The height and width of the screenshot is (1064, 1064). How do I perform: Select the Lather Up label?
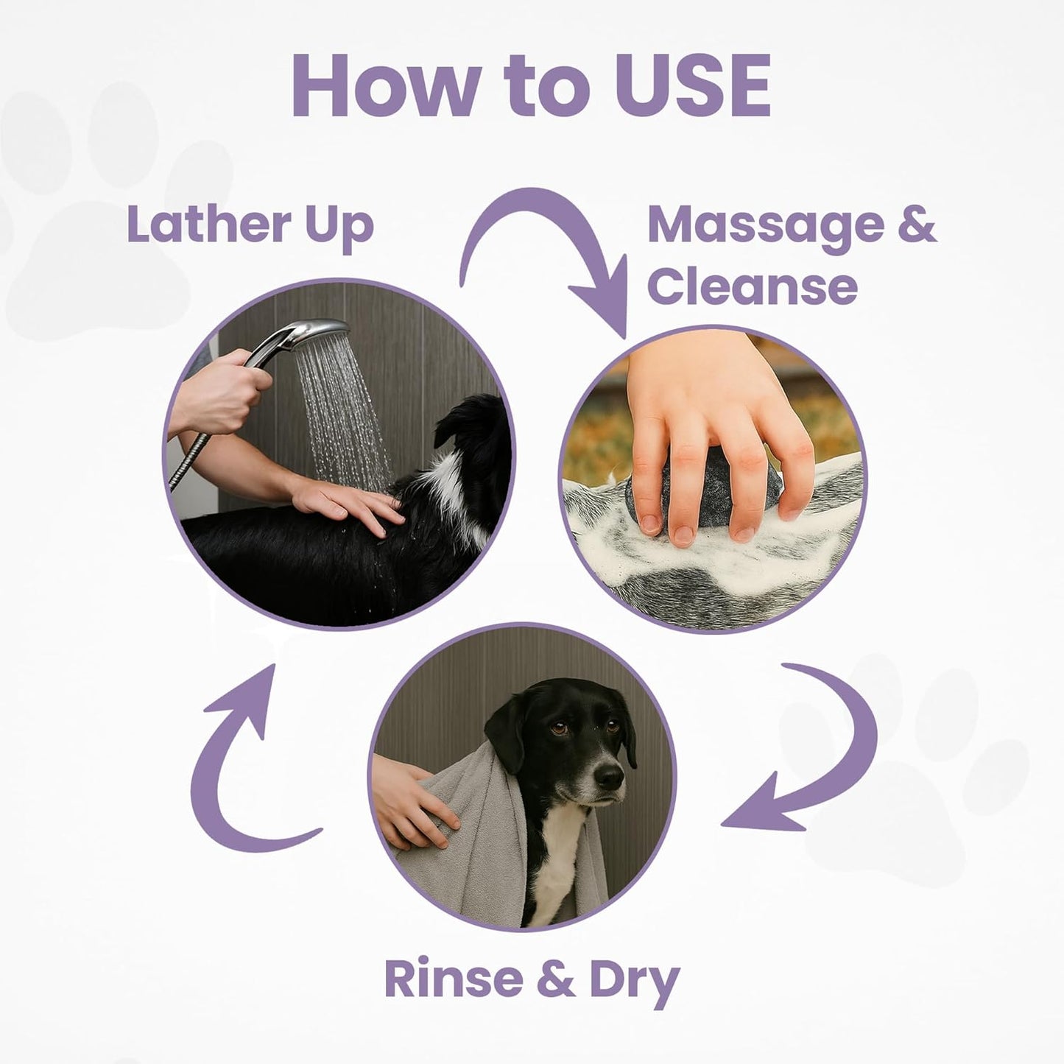click(x=250, y=225)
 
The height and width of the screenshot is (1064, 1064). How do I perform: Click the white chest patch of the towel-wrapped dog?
click(x=560, y=862)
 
